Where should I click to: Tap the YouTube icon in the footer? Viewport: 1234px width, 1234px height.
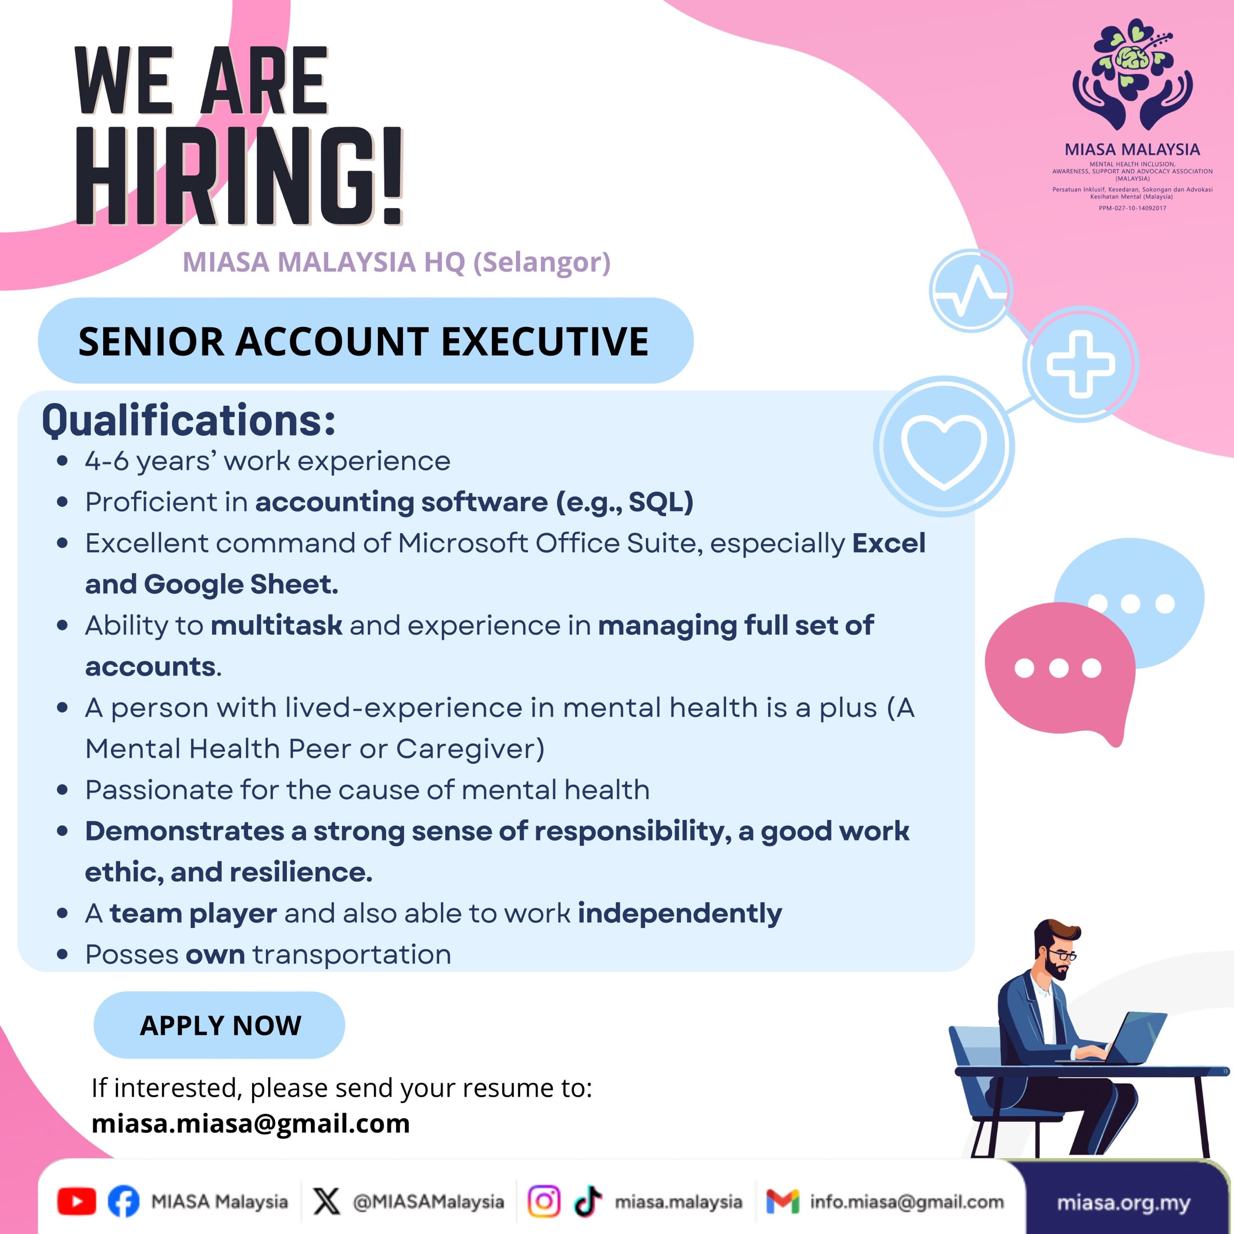[x=77, y=1201]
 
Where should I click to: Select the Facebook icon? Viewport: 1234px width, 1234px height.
[x=123, y=1201]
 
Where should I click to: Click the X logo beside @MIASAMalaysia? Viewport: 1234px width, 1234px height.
[x=327, y=1201]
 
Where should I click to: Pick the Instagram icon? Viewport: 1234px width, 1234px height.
[x=544, y=1201]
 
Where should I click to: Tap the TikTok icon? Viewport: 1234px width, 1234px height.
[x=588, y=1201]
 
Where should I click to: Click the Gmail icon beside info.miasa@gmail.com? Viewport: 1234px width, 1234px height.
[x=782, y=1201]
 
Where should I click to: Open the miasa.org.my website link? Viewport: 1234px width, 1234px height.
[x=1124, y=1203]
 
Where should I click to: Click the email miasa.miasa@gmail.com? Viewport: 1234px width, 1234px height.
[x=250, y=1124]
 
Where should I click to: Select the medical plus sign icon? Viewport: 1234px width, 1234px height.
[x=1081, y=364]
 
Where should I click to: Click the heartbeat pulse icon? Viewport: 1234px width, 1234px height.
[x=970, y=291]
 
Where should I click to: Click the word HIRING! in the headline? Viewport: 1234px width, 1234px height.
[x=240, y=176]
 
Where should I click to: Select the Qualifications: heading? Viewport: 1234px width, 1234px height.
[x=188, y=420]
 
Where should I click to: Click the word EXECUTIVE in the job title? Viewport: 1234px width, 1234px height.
[x=545, y=341]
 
